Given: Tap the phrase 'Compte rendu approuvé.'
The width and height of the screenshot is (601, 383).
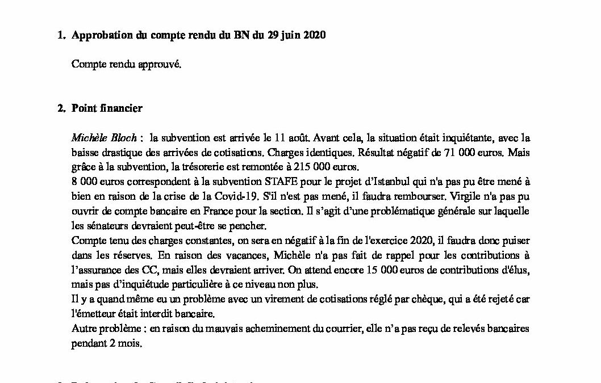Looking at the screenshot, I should tap(126, 64).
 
